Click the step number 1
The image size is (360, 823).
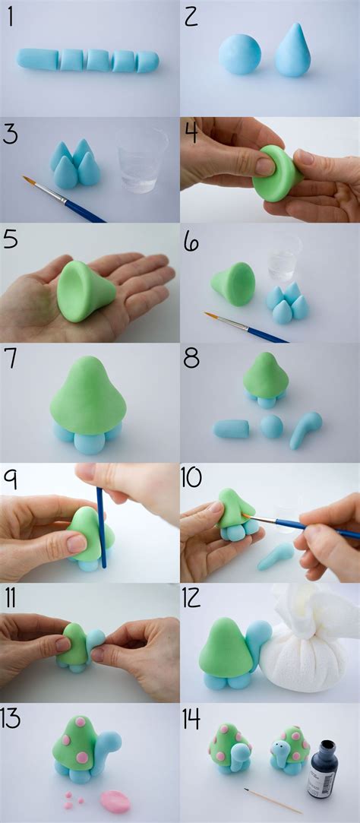point(10,17)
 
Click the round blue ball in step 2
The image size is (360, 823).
point(239,53)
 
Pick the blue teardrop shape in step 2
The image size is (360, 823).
point(292,51)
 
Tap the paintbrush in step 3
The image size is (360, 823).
point(65,198)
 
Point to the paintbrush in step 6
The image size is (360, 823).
point(245,326)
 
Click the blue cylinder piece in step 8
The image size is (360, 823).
point(231,429)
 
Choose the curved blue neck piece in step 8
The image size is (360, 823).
point(305,428)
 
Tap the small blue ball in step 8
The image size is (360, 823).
point(271,426)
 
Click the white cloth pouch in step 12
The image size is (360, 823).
point(308,654)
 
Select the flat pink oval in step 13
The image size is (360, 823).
point(115,799)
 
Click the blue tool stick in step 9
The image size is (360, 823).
point(101,524)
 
